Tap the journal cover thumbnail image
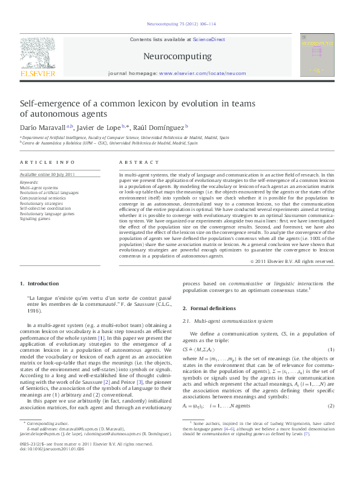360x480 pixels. pos(318,56)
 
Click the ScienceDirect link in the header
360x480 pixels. pos(206,40)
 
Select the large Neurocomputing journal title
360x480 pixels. pos(177,57)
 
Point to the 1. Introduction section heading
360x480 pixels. pos(40,284)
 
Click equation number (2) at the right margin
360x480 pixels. pos(331,406)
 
